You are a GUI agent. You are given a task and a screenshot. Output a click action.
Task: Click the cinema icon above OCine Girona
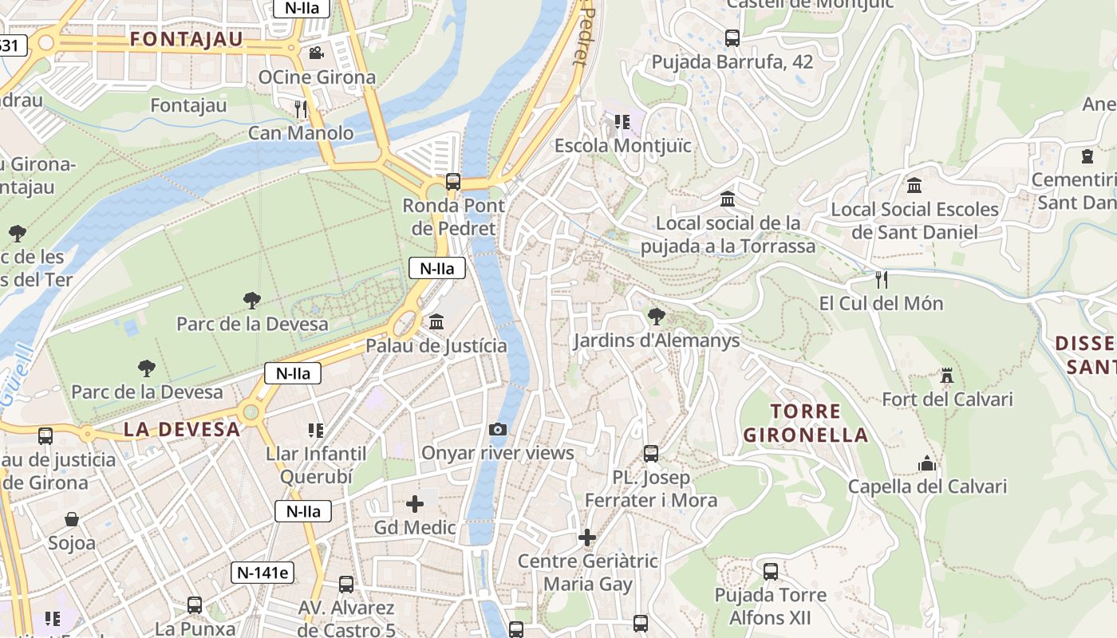click(x=316, y=53)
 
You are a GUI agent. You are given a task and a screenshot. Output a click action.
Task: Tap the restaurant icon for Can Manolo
click(x=301, y=108)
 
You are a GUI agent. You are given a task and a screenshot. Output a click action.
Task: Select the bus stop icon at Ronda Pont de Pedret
click(x=453, y=181)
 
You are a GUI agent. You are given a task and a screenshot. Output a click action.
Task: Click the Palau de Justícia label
click(x=436, y=345)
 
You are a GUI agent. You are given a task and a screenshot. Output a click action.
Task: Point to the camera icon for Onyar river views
click(x=498, y=430)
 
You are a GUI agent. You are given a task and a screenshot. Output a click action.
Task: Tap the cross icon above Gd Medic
click(x=415, y=504)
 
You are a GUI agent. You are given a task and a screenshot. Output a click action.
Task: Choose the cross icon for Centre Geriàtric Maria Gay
click(x=587, y=538)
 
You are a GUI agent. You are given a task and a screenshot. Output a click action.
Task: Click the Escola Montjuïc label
click(x=622, y=146)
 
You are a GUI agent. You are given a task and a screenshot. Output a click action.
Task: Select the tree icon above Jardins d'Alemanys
click(x=657, y=317)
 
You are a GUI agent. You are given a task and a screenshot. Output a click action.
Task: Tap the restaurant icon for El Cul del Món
click(x=882, y=280)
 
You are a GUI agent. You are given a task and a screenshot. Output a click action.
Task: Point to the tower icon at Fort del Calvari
click(x=947, y=376)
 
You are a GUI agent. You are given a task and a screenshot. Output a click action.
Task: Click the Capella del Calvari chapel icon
click(x=927, y=463)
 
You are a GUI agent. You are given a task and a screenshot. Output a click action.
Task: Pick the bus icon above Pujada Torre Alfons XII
click(x=770, y=572)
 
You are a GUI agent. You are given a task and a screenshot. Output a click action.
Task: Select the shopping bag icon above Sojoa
click(x=72, y=520)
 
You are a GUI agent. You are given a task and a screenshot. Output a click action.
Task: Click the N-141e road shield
click(x=262, y=572)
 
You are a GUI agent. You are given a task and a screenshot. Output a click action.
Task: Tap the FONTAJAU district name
click(x=186, y=39)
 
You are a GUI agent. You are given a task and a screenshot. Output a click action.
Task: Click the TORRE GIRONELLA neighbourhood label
click(x=805, y=423)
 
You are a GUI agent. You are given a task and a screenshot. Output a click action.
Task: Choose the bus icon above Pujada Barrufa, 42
click(x=732, y=38)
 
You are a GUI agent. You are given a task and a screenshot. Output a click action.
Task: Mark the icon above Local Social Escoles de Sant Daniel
click(x=914, y=186)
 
